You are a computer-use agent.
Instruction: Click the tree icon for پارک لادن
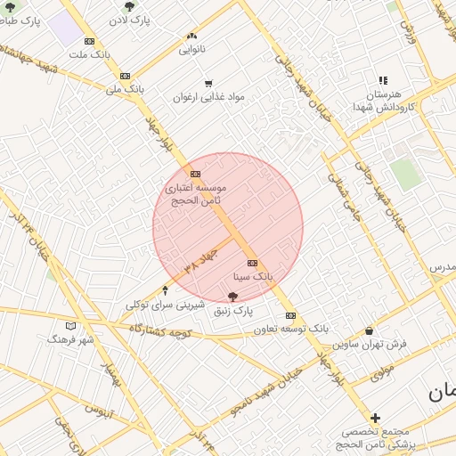(130, 6)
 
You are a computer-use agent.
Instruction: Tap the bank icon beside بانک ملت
(89, 41)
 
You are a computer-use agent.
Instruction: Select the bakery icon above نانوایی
(191, 37)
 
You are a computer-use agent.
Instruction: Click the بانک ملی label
(125, 89)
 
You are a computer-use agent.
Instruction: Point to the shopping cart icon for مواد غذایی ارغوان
(208, 84)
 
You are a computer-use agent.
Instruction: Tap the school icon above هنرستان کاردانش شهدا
(383, 81)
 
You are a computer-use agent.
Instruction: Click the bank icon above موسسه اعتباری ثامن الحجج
(195, 174)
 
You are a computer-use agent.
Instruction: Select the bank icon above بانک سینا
(252, 263)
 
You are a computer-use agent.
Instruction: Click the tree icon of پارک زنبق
(233, 297)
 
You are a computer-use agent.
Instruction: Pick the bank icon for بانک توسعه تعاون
(290, 315)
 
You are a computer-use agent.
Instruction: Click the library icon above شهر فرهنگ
(71, 326)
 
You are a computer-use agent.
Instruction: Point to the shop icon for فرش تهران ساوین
(369, 330)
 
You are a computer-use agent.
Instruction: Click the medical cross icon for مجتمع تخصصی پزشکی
(375, 417)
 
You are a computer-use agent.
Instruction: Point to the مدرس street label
(442, 267)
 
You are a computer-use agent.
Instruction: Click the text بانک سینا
(252, 278)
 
